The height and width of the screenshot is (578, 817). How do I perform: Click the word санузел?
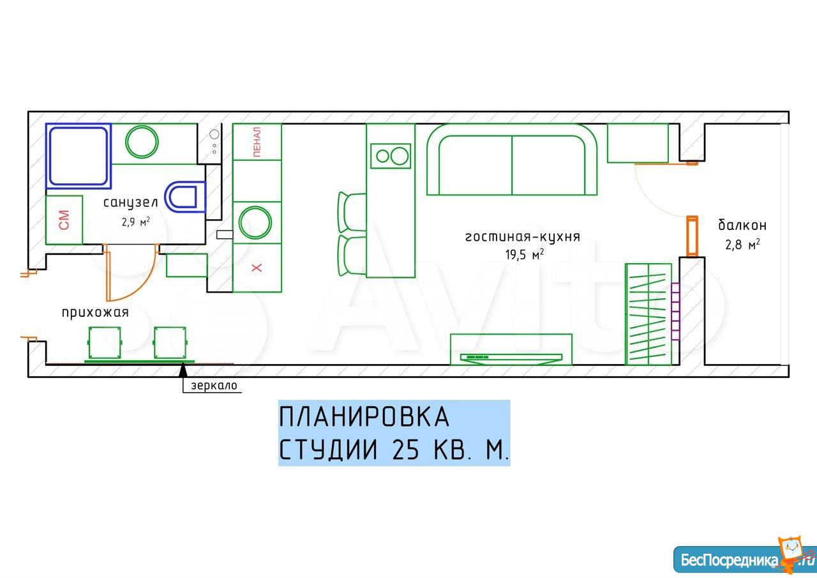click(x=131, y=203)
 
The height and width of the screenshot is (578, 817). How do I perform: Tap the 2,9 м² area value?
click(x=136, y=222)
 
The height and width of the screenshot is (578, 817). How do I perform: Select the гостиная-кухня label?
click(x=523, y=237)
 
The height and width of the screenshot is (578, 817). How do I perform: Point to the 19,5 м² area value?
click(x=525, y=254)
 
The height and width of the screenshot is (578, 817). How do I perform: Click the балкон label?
click(x=742, y=225)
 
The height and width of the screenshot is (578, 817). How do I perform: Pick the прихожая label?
click(x=95, y=313)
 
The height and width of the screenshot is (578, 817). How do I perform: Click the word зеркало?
click(x=214, y=385)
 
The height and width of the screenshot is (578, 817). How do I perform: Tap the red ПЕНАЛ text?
click(x=257, y=142)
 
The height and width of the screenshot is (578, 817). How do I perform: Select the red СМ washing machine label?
click(x=64, y=220)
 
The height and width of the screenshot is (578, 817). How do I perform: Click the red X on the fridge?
click(x=257, y=268)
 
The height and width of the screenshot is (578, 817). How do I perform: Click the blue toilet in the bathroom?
click(x=185, y=197)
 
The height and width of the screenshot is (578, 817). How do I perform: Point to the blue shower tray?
click(x=79, y=156)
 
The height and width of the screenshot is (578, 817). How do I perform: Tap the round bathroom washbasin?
click(x=142, y=142)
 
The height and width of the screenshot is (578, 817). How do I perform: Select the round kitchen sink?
click(x=255, y=223)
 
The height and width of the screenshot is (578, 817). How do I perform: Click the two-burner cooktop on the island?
click(x=391, y=156)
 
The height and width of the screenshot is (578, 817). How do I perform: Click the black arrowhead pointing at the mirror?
click(x=183, y=370)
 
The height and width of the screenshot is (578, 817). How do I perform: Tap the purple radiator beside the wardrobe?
click(x=675, y=312)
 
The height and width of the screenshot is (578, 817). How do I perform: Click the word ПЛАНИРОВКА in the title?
click(x=364, y=416)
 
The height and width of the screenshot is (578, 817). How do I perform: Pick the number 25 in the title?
click(x=405, y=449)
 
